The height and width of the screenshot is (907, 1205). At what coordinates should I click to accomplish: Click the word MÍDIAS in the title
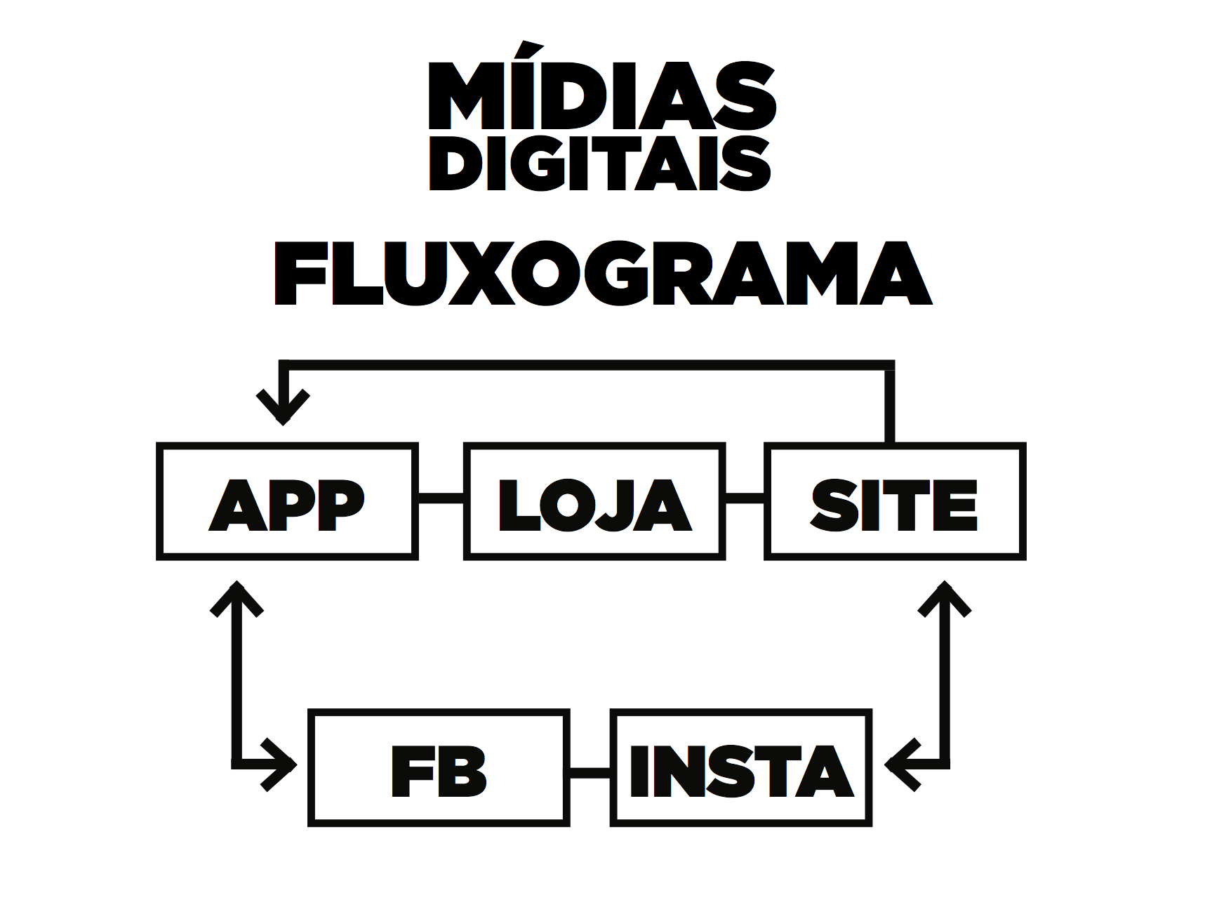(x=602, y=96)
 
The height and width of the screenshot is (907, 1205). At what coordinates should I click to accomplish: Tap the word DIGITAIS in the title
(x=600, y=163)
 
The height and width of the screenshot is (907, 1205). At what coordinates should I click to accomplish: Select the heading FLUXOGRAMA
(x=602, y=274)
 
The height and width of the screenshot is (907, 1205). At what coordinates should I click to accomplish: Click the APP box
(x=287, y=501)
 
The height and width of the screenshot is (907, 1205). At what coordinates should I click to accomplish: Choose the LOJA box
(x=594, y=501)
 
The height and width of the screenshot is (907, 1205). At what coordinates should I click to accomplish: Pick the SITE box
(x=895, y=501)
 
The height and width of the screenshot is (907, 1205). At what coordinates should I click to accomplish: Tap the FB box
(x=439, y=768)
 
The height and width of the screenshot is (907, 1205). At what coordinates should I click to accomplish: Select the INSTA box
(x=741, y=768)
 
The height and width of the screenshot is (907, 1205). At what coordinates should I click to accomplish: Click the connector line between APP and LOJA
(x=441, y=498)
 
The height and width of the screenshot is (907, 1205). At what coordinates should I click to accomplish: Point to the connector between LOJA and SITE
(x=745, y=498)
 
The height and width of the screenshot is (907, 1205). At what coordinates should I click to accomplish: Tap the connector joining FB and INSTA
(x=590, y=772)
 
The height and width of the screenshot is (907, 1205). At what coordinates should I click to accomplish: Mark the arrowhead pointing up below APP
(x=237, y=597)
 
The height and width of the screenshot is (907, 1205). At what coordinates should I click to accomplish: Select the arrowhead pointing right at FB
(x=281, y=764)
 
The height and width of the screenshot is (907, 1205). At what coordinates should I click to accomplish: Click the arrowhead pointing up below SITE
(x=945, y=597)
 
